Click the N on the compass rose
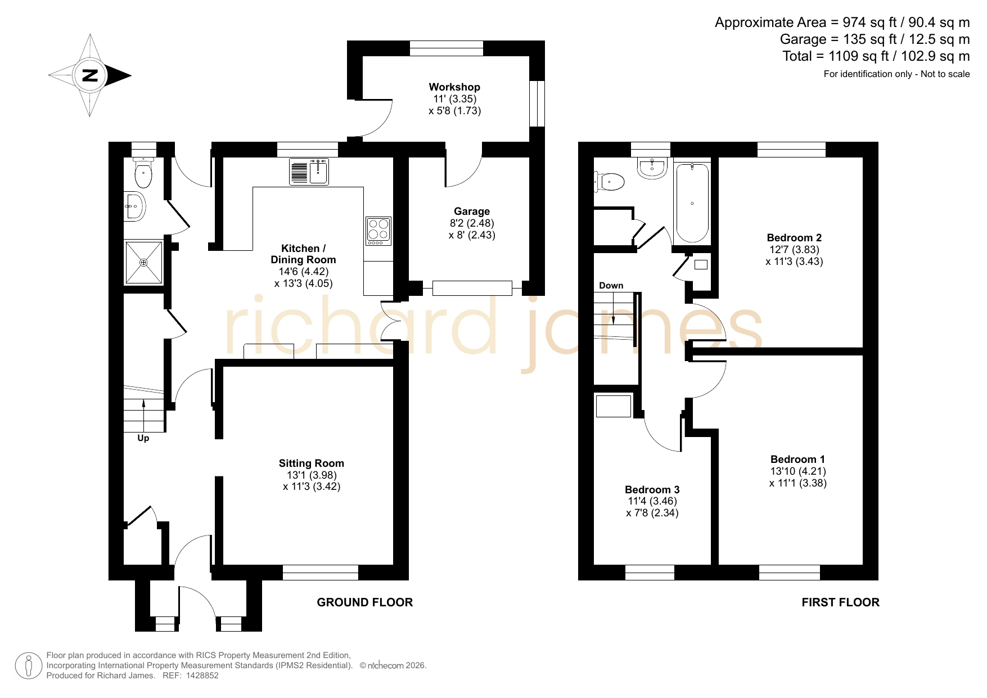point(90,75)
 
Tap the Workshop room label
point(454,87)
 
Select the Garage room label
point(472,211)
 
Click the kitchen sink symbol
point(309,172)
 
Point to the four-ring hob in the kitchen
point(378,231)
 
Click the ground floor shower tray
point(143,263)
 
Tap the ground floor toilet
point(143,172)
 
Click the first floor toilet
point(610,182)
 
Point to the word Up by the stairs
point(143,438)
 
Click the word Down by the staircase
point(611,286)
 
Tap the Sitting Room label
point(312,463)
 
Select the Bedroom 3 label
point(652,489)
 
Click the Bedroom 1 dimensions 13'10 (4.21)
point(798,471)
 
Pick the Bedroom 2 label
point(794,238)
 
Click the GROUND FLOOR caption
point(365,602)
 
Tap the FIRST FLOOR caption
point(841,602)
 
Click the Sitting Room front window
point(321,573)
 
